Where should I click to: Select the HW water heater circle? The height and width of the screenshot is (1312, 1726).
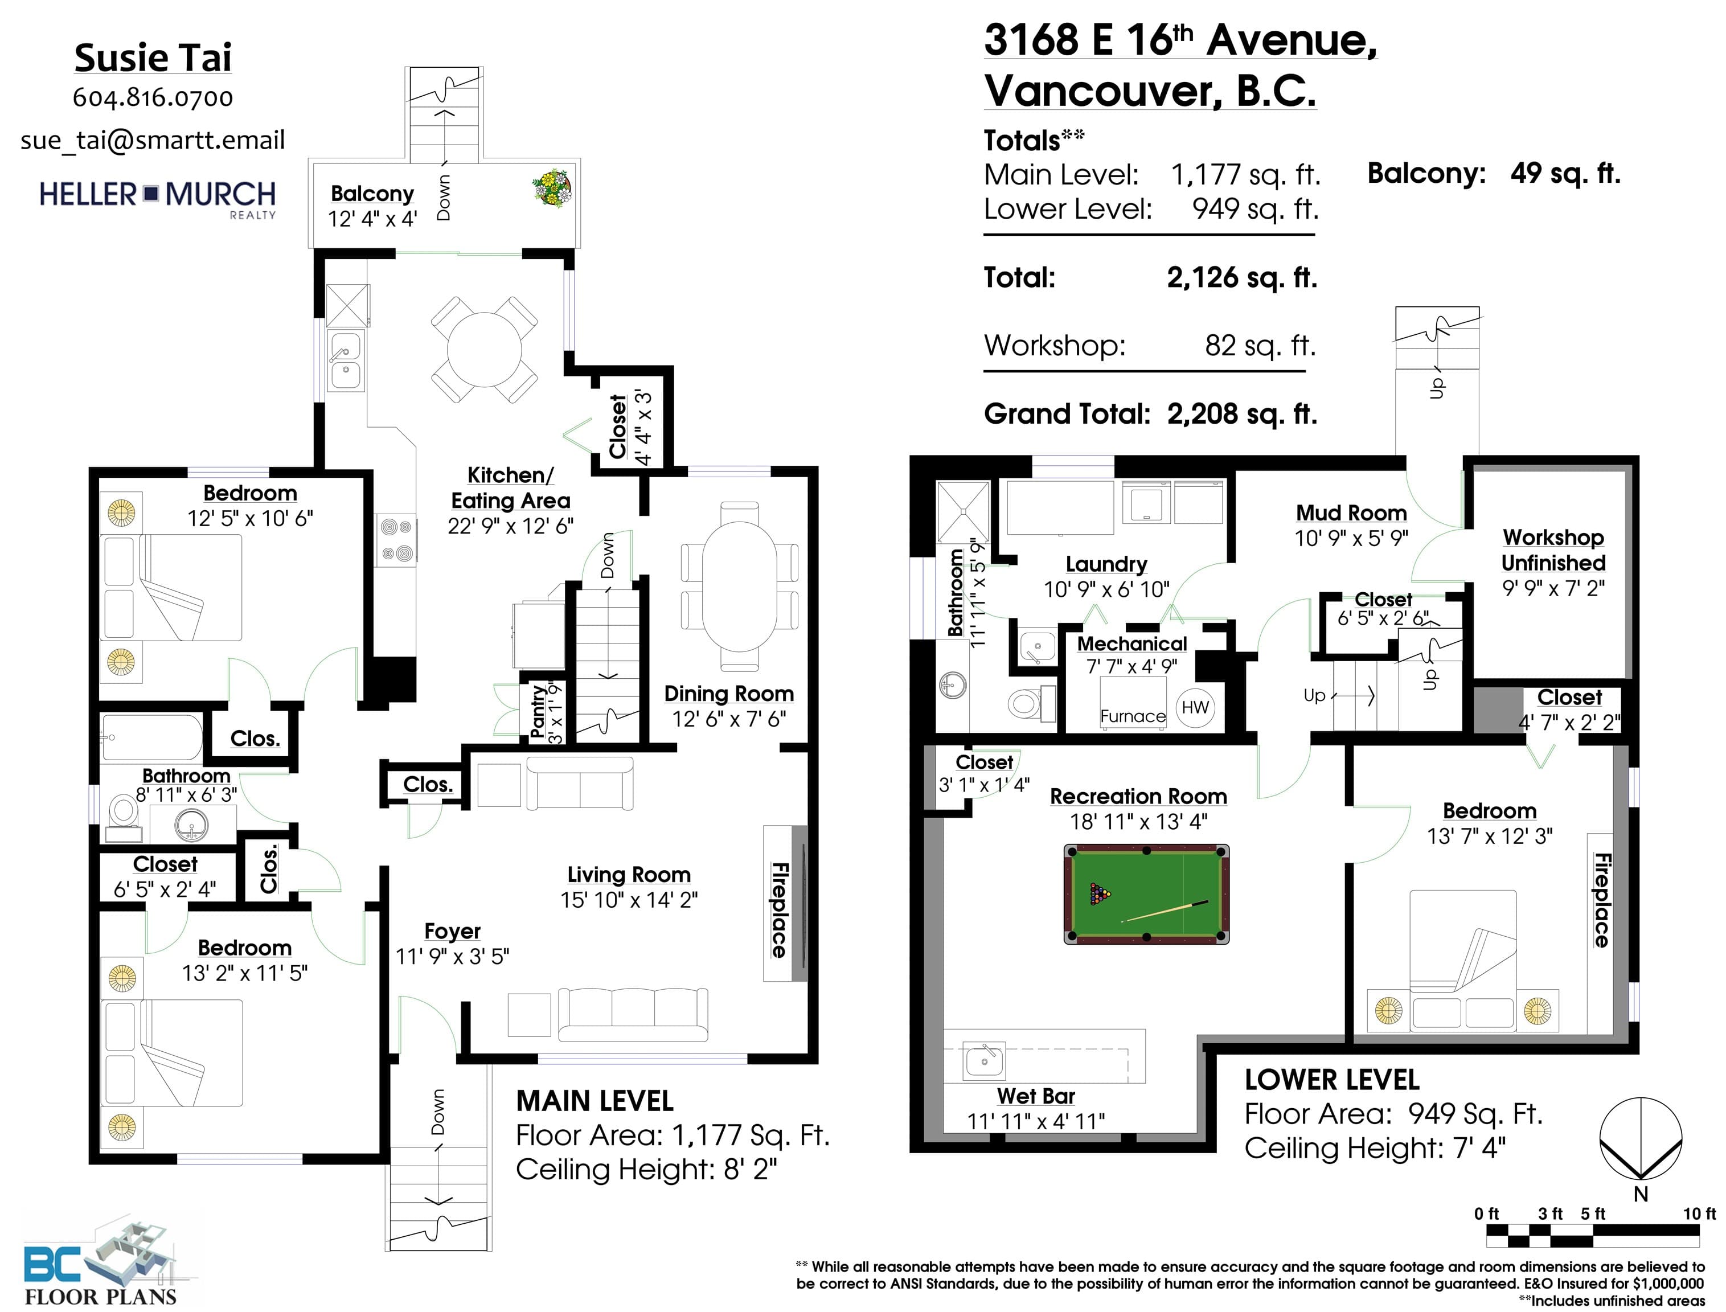(1195, 708)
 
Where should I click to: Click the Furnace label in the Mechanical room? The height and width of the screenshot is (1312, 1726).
(1133, 716)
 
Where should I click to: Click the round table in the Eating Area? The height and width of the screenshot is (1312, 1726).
(484, 349)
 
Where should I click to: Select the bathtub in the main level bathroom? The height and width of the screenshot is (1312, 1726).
(151, 737)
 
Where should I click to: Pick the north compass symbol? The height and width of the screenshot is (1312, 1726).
(1640, 1141)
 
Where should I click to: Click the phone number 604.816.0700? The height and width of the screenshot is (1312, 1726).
(153, 97)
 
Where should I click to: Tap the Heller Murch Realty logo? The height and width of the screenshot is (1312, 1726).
(158, 198)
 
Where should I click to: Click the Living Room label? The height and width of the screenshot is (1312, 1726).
(629, 875)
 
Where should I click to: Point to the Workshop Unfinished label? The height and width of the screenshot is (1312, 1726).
(1553, 550)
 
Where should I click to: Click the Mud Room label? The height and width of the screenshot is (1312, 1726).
(1351, 513)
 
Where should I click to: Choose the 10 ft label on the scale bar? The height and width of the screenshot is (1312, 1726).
(1699, 1213)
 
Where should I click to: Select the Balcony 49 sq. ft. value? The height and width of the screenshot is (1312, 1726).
(1565, 173)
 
